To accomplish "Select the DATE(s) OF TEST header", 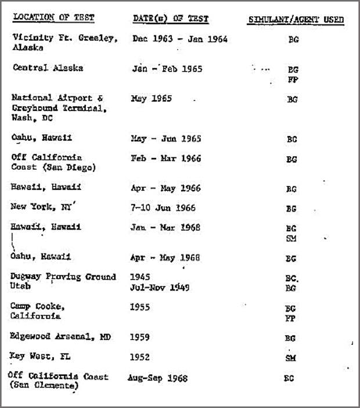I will pyautogui.click(x=170, y=19).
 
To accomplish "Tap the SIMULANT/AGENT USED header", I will pyautogui.click(x=296, y=20).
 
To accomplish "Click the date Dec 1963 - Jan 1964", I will pyautogui.click(x=179, y=39).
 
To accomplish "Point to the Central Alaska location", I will pyautogui.click(x=48, y=68).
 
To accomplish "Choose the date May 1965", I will pyautogui.click(x=152, y=99).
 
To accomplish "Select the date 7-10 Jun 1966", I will pyautogui.click(x=163, y=207).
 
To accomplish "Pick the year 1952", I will pyautogui.click(x=141, y=357).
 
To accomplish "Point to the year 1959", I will pyautogui.click(x=141, y=337).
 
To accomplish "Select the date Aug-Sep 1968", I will pyautogui.click(x=157, y=378).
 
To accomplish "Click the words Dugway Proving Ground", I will pyautogui.click(x=64, y=277).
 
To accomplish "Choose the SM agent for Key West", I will pyautogui.click(x=290, y=358).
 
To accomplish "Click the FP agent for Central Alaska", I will pyautogui.click(x=293, y=80).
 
